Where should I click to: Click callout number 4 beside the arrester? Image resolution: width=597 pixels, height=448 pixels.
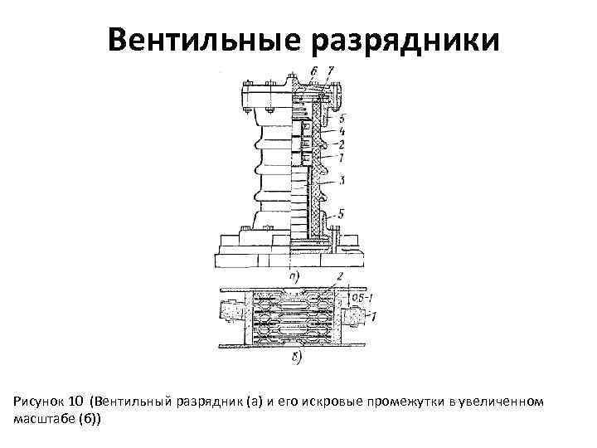pos(342,131)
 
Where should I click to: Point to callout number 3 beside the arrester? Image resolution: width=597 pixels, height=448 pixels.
pos(343,179)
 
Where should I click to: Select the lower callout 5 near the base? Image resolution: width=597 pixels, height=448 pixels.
pos(342,214)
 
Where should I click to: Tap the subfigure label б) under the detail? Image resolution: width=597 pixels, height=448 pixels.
pos(296,358)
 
